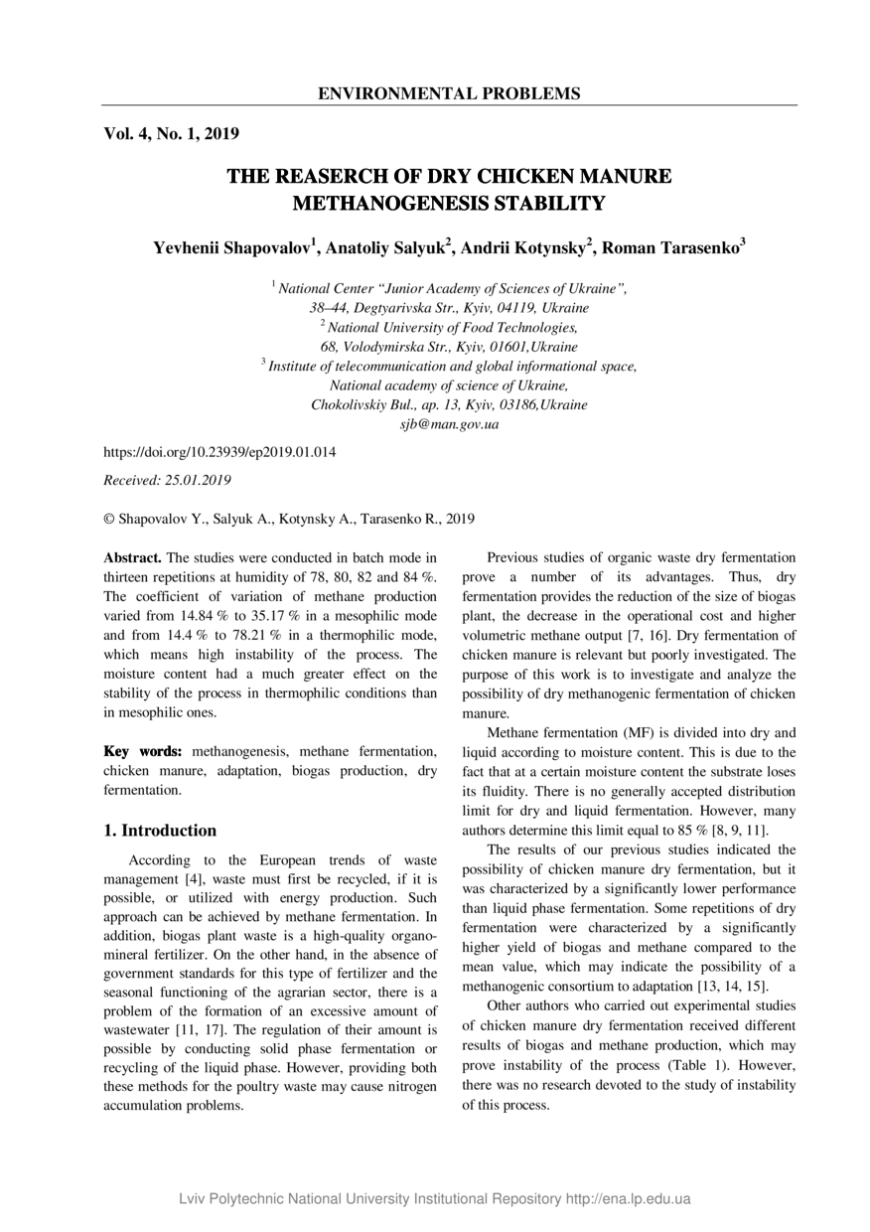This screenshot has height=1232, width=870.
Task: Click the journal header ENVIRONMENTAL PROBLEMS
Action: tap(449, 94)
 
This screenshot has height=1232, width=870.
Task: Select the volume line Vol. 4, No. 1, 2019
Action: tap(171, 133)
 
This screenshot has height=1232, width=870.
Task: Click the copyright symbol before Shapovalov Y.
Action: tap(109, 519)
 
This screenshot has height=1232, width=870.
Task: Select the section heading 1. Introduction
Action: tap(160, 831)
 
